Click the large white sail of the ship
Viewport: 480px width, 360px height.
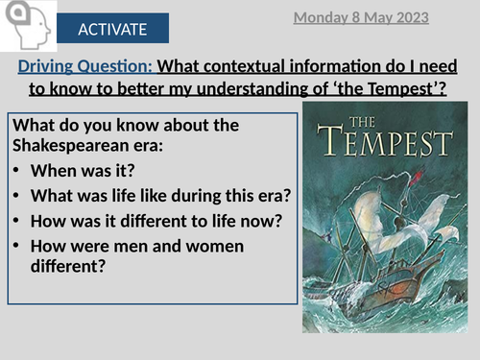[377, 206]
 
